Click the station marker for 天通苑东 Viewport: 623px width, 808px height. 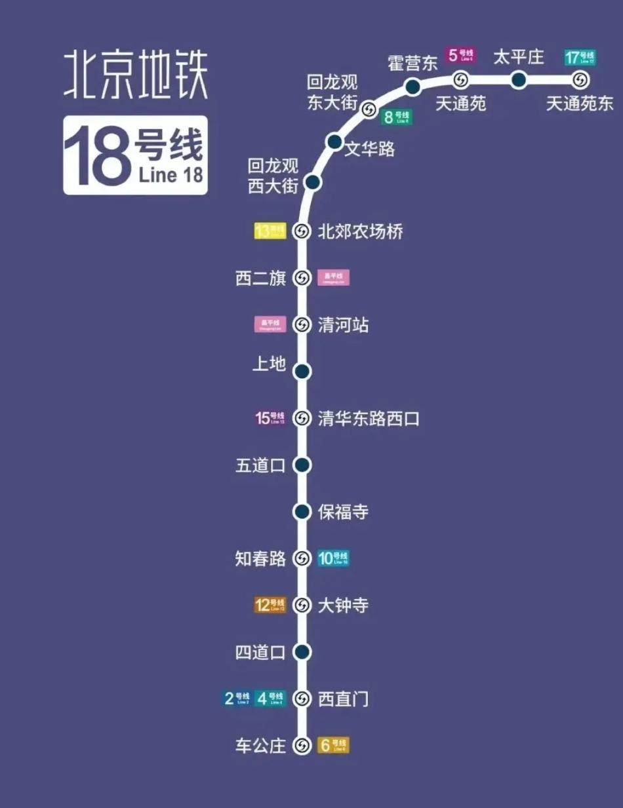click(x=580, y=80)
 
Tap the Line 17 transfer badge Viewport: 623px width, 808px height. click(x=580, y=58)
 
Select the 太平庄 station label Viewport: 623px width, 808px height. click(x=518, y=57)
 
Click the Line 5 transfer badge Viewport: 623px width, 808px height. click(x=460, y=56)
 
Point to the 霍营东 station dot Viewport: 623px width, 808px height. click(x=412, y=86)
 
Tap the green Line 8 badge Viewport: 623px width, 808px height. click(x=397, y=117)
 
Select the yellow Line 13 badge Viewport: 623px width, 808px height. click(x=270, y=231)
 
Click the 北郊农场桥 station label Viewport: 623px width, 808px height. click(x=360, y=231)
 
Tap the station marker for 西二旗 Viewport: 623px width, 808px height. click(x=302, y=279)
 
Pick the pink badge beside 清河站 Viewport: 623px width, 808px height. click(x=270, y=324)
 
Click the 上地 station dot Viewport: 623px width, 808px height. click(x=302, y=372)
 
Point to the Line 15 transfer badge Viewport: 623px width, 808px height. click(x=270, y=418)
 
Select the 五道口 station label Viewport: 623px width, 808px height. click(x=260, y=466)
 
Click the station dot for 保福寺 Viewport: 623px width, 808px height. click(x=302, y=512)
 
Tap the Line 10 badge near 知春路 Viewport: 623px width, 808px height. click(x=333, y=558)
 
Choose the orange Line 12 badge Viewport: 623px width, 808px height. click(x=270, y=605)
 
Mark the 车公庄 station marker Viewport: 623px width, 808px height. click(x=302, y=746)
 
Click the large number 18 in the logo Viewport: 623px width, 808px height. click(x=96, y=156)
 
